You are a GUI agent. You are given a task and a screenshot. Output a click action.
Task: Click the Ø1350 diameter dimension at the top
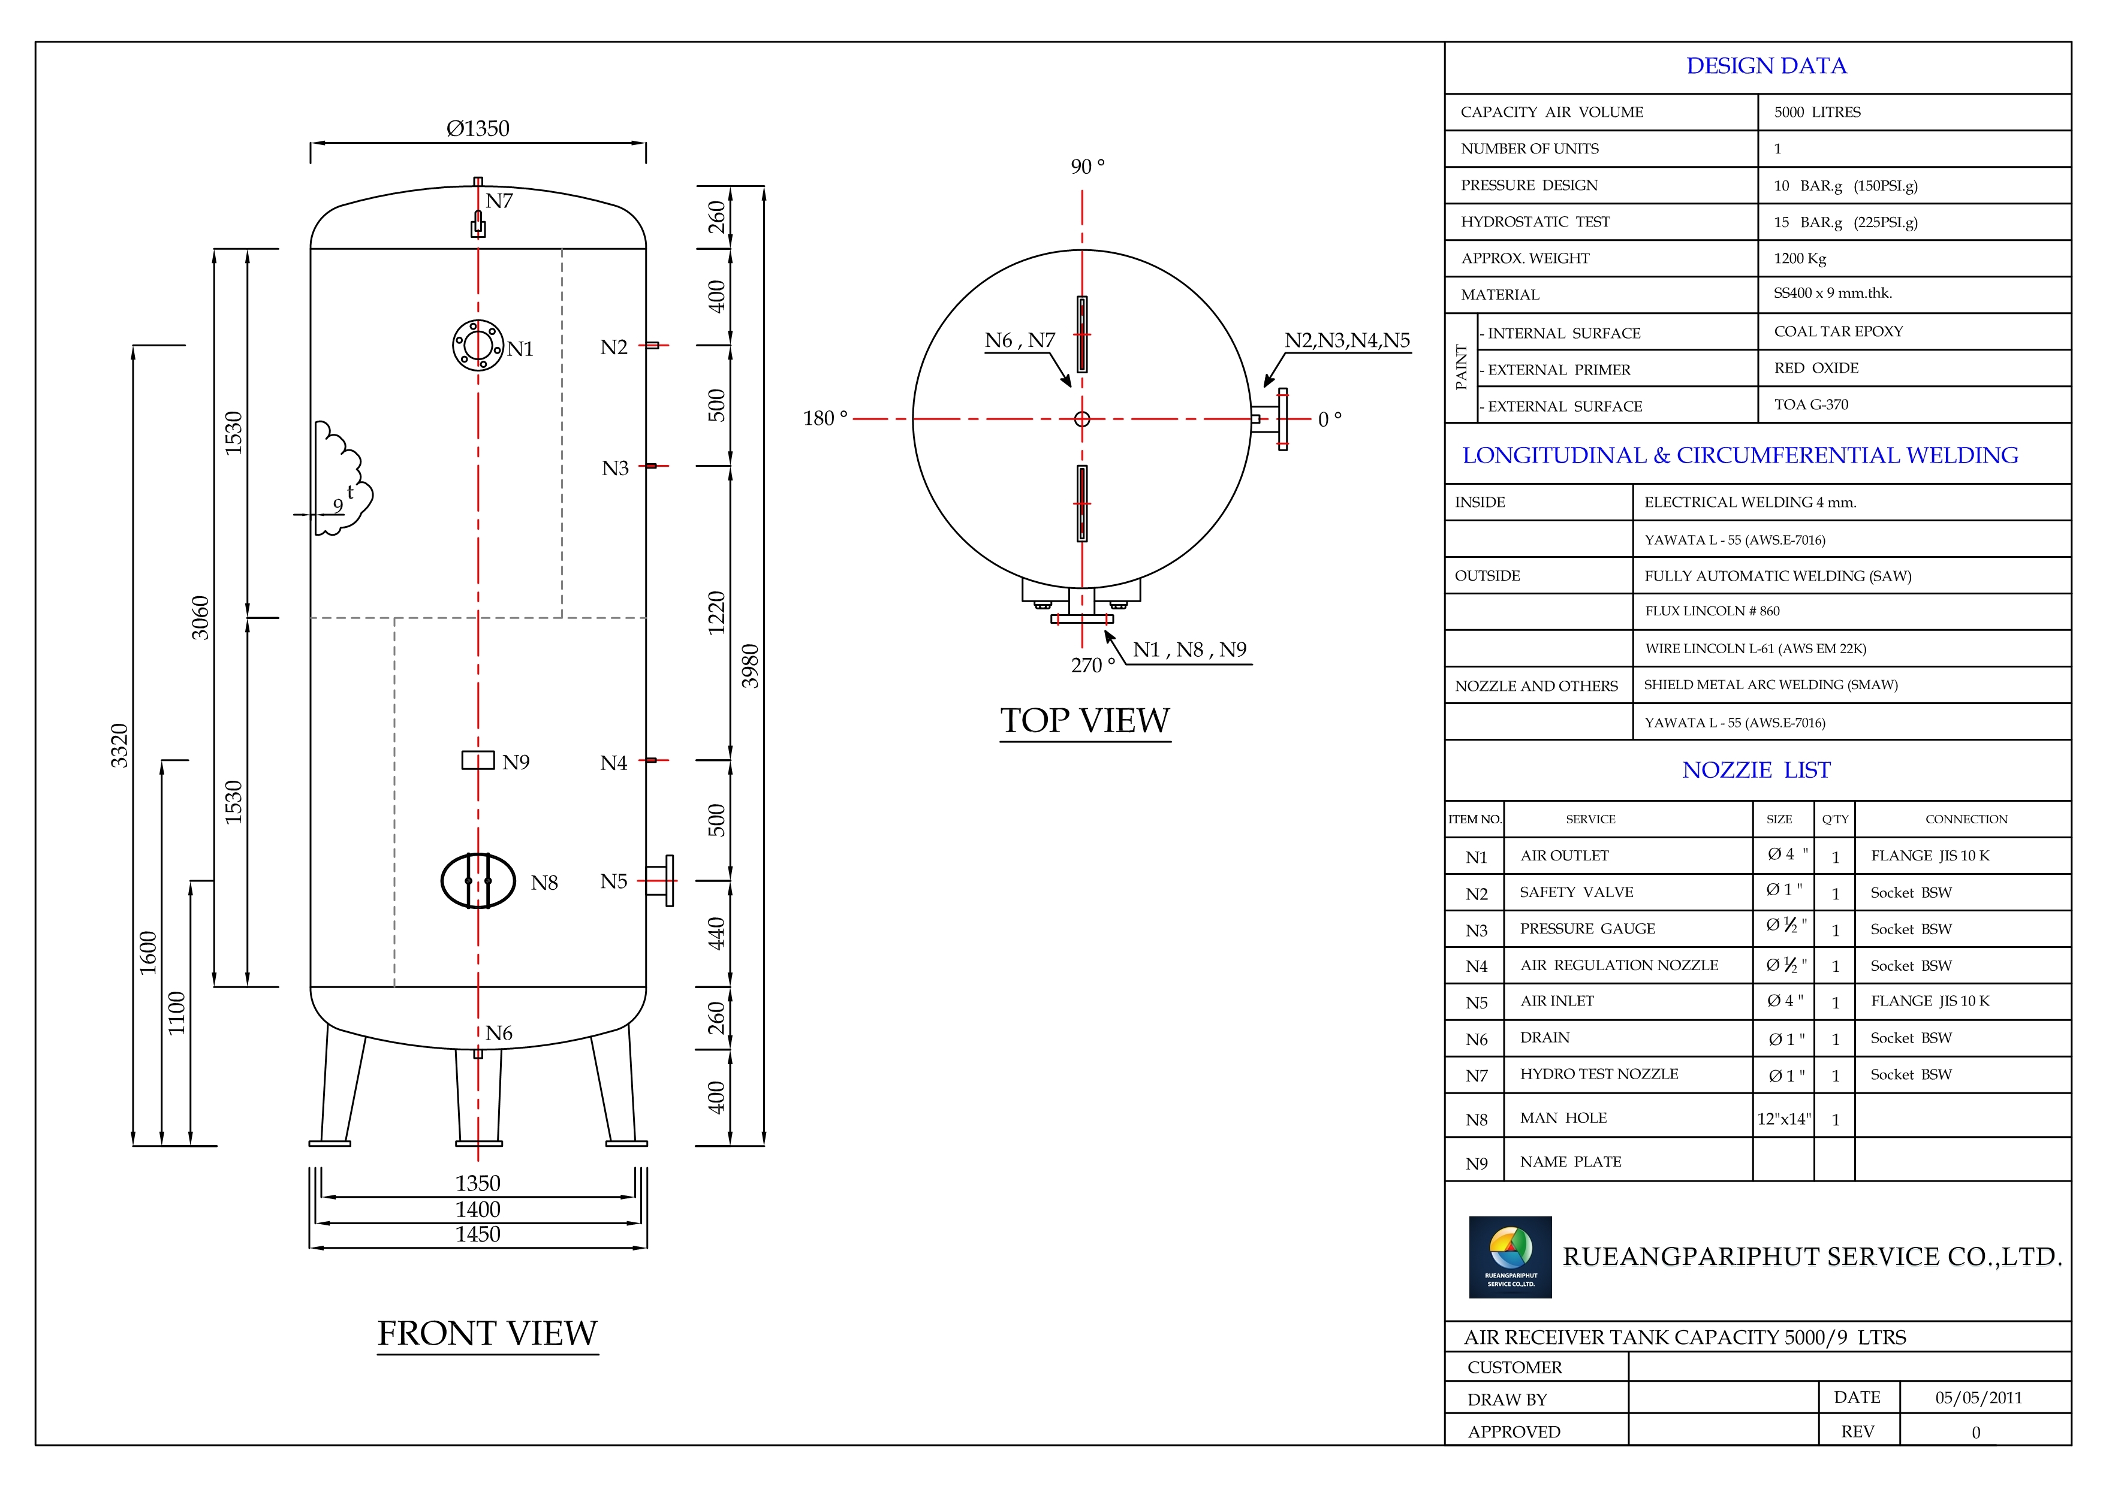click(x=477, y=129)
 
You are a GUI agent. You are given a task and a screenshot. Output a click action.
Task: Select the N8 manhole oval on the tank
click(x=478, y=881)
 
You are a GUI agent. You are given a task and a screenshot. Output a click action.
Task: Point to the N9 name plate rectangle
click(x=477, y=760)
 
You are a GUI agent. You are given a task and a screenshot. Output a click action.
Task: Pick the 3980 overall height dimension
click(x=750, y=666)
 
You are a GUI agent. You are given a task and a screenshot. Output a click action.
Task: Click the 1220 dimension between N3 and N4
click(x=716, y=612)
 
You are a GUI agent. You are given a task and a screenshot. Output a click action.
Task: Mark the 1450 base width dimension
click(x=477, y=1234)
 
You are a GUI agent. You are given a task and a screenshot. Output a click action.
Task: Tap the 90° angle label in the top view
click(x=1087, y=167)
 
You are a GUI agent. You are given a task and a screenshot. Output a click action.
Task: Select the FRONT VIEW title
click(x=487, y=1333)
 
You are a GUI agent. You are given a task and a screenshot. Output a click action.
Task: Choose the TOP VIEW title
click(x=1084, y=721)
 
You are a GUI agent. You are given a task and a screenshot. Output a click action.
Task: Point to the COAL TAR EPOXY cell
click(x=1838, y=331)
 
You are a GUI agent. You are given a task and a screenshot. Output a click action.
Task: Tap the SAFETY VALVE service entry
click(x=1576, y=892)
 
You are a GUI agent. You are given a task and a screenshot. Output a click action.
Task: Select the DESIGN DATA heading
click(x=1766, y=66)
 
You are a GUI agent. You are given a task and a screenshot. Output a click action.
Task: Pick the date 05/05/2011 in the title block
click(x=1978, y=1397)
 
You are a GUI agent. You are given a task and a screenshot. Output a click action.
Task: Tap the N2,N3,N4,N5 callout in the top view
click(x=1346, y=340)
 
